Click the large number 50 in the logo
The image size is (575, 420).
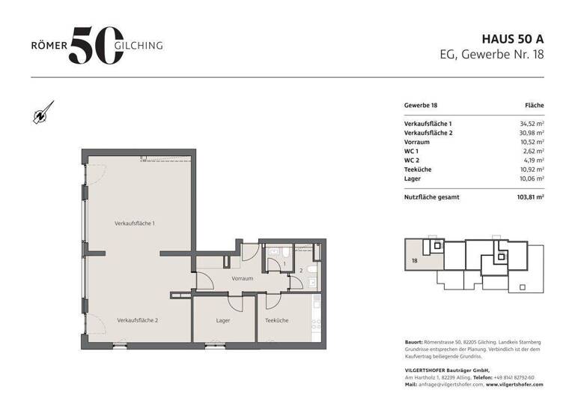point(93,45)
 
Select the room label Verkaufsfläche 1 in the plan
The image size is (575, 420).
point(134,223)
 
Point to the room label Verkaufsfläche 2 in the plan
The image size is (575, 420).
point(137,320)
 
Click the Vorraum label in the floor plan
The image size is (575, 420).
point(242,278)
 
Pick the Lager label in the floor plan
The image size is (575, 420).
point(222,320)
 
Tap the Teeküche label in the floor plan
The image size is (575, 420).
point(276,320)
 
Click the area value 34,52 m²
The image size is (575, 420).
point(532,123)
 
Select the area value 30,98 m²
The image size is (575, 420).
point(532,132)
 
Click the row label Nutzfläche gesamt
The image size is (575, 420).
point(432,197)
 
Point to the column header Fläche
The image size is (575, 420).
point(534,106)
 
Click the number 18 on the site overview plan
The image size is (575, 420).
point(414,262)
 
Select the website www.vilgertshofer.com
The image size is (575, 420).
point(514,384)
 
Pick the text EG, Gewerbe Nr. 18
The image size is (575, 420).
point(491,54)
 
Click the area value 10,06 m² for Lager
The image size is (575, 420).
point(532,178)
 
